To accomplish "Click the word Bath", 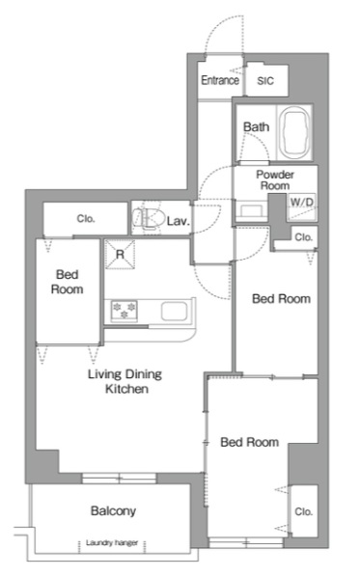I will pos(256,126).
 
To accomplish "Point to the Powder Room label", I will pos(273,179).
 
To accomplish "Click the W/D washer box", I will pos(302,203).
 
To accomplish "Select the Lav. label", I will pos(177,222).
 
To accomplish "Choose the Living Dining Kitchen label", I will pos(125,382).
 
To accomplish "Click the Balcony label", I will pos(113,510).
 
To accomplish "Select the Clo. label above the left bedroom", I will pos(86,219).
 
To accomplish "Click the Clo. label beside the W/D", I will pos(303,237).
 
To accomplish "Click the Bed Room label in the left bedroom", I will pos(67,281).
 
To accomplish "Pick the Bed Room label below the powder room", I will pos(281,299).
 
